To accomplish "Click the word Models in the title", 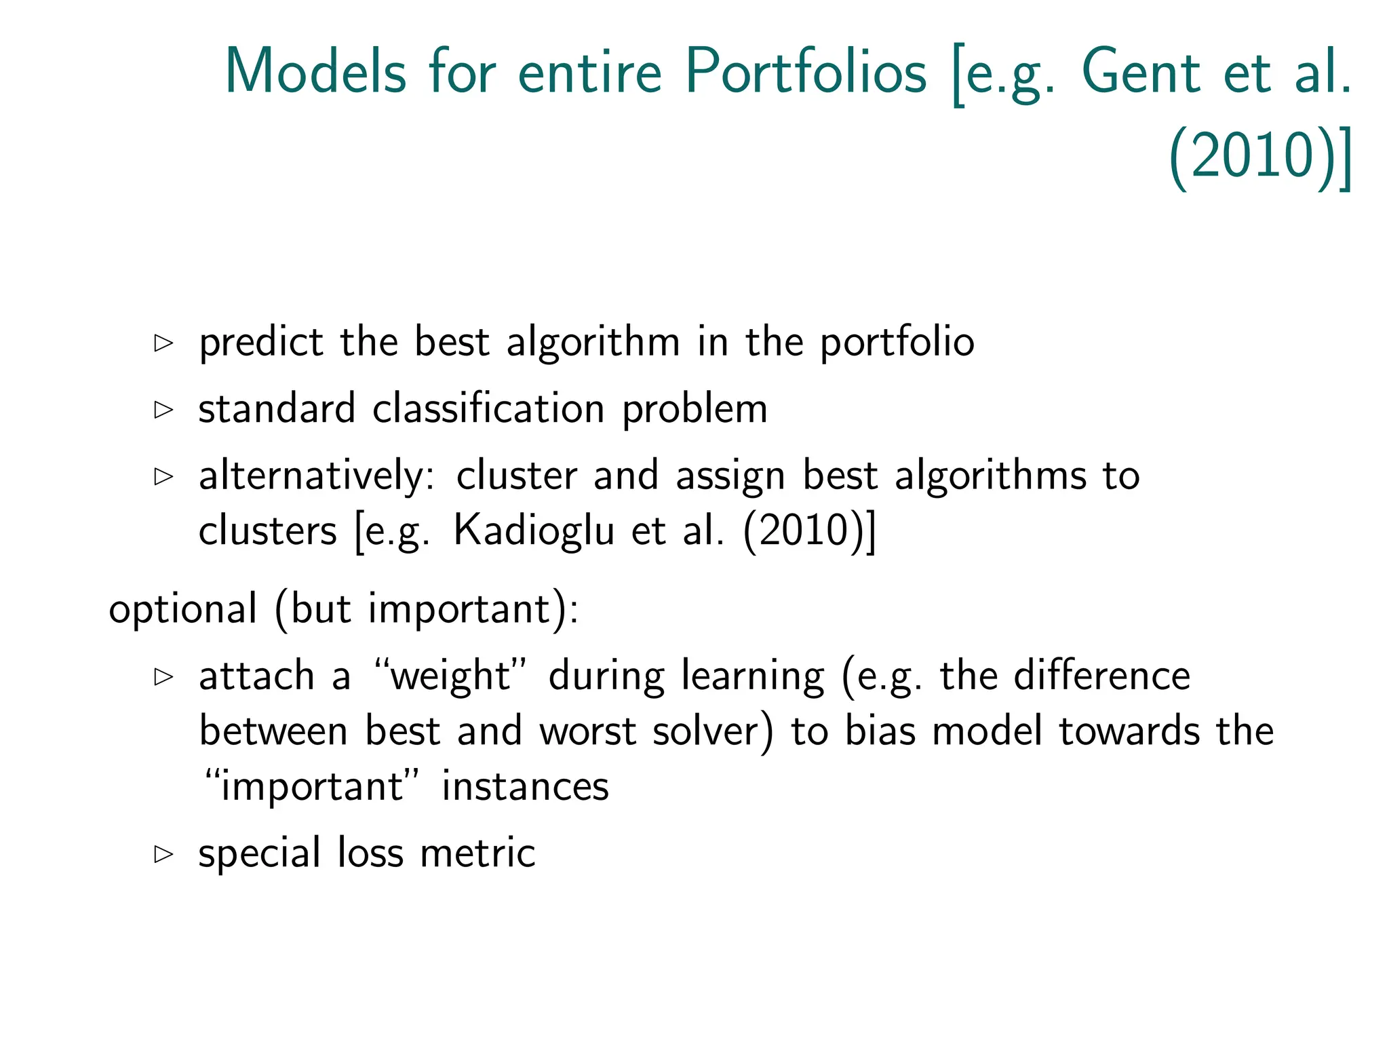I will tap(315, 71).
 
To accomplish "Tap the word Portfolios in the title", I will tap(806, 71).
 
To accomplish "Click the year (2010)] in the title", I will tap(1260, 156).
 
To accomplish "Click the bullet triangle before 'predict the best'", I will tap(163, 343).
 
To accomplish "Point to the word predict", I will tap(260, 343).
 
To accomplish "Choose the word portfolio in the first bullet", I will tap(897, 343).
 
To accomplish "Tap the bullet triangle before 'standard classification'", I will tap(163, 410).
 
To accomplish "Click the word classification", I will tap(488, 409).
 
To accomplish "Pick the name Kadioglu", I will tap(533, 530).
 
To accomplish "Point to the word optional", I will tap(183, 609).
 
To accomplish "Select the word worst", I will tap(587, 731).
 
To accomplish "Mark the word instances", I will tap(525, 787).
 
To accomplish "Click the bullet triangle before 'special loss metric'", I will tap(163, 854).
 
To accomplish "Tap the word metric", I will tap(477, 853).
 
